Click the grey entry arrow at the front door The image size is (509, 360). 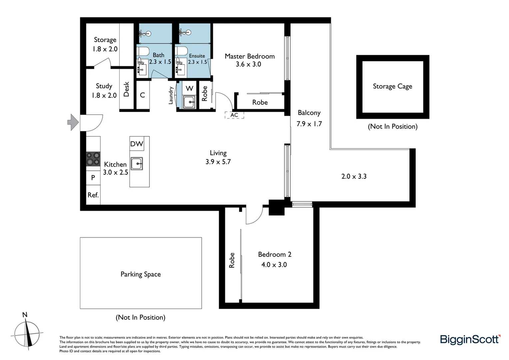tap(73, 122)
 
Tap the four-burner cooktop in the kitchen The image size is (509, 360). tap(93, 159)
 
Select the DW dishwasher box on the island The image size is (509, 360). tap(137, 144)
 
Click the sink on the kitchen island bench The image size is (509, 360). tap(137, 163)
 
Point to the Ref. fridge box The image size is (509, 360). tap(93, 195)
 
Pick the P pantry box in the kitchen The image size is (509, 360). tap(93, 178)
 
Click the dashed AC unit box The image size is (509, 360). tap(234, 115)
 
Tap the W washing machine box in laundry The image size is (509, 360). tap(189, 88)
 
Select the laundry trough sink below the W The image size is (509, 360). tap(189, 102)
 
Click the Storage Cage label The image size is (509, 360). tap(392, 86)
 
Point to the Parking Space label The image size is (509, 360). tap(141, 274)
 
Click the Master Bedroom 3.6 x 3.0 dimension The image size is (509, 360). tap(248, 64)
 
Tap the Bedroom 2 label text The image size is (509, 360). tap(274, 254)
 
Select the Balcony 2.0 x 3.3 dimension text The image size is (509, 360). tap(354, 176)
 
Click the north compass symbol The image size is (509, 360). tap(27, 333)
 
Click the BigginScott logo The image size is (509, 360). tap(470, 339)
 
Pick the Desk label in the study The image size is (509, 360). tap(126, 89)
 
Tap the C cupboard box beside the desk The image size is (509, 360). tap(143, 95)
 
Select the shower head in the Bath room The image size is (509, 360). tap(146, 33)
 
